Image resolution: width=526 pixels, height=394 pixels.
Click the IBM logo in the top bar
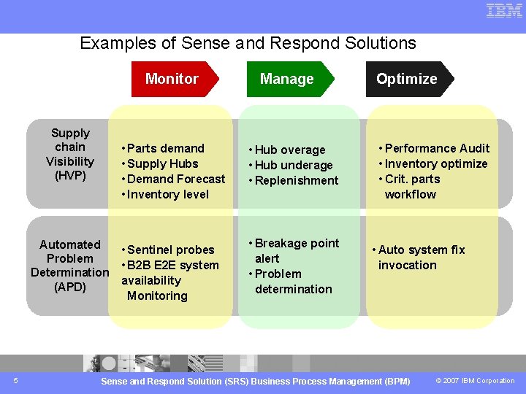click(x=504, y=11)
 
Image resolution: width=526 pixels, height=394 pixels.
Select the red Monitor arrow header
click(x=172, y=79)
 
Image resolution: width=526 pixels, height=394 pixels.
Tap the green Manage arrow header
click(x=287, y=79)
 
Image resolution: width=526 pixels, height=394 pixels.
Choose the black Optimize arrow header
click(x=407, y=79)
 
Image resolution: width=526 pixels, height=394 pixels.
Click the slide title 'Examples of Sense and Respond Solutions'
click(x=248, y=43)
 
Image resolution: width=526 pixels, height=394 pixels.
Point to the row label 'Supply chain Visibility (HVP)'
click(x=70, y=154)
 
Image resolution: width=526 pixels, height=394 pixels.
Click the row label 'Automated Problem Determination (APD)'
click(x=69, y=266)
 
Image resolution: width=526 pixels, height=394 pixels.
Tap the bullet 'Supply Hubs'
click(x=162, y=163)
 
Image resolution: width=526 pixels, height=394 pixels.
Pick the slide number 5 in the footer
click(x=16, y=380)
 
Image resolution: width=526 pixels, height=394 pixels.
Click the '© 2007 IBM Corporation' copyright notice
click(x=475, y=381)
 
